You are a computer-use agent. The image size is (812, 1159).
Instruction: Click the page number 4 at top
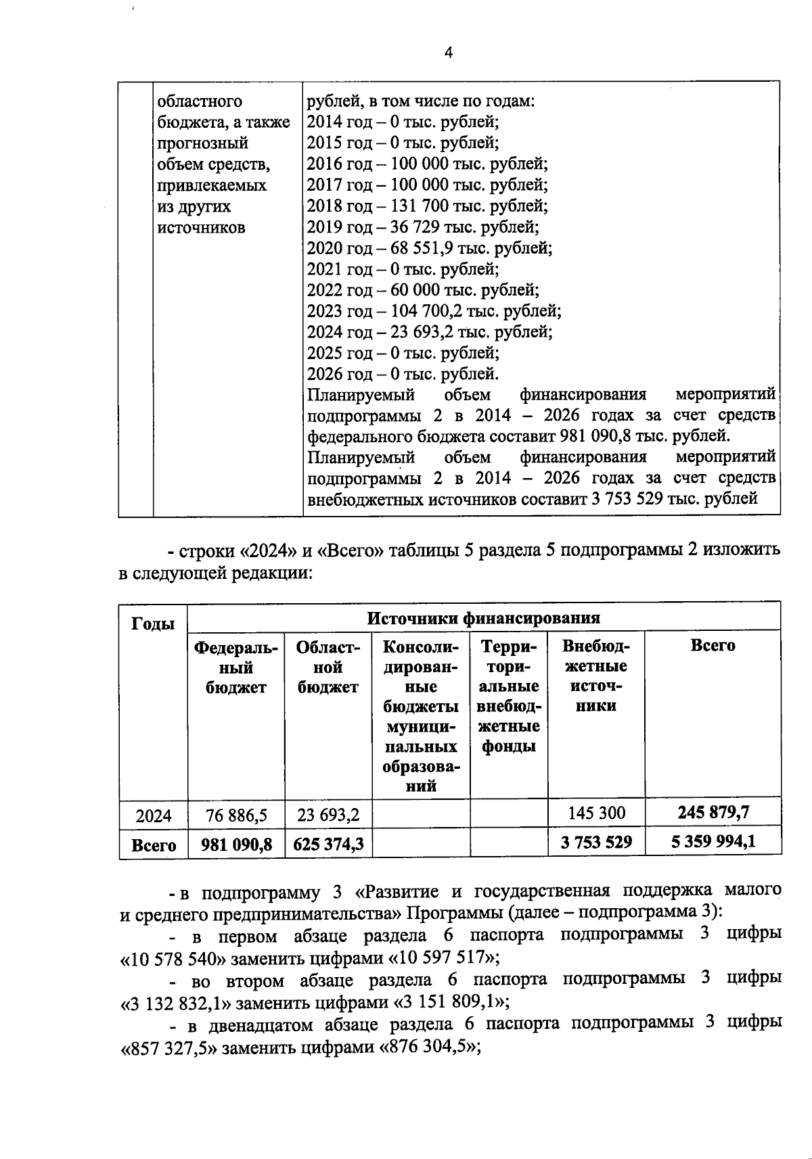[449, 53]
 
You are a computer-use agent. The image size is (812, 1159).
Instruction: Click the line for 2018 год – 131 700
[427, 206]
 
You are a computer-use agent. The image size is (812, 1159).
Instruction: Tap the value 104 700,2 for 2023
[427, 311]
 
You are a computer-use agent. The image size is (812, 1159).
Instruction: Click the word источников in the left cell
[201, 228]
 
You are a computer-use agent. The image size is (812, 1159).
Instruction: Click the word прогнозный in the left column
[202, 143]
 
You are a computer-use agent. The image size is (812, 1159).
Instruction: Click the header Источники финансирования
[483, 617]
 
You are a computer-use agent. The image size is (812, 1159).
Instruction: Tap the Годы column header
[153, 623]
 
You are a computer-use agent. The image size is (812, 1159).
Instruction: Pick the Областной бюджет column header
[328, 667]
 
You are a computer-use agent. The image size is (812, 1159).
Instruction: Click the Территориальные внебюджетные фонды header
[509, 696]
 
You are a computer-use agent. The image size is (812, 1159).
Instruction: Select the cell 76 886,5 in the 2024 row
[236, 815]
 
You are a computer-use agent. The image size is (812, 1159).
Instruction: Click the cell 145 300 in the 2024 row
[596, 813]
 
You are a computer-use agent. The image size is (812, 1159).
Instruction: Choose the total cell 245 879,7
[713, 812]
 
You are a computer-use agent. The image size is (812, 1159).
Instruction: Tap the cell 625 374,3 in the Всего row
[328, 844]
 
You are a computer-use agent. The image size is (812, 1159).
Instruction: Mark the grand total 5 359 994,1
[713, 842]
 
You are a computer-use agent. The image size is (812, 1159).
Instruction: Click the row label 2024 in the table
[154, 816]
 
